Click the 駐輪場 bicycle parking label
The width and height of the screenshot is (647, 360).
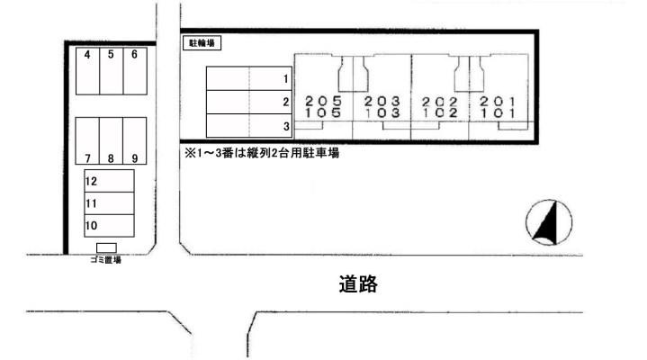pos(202,43)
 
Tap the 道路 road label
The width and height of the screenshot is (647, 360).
pos(358,284)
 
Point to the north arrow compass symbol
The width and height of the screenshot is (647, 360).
pos(549,222)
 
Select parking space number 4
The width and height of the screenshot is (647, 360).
pos(87,71)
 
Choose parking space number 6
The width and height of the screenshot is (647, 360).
pos(135,71)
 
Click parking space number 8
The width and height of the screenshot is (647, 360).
pos(111,140)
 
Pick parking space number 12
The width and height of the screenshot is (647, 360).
pos(109,181)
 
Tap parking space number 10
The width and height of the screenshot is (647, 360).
pos(109,225)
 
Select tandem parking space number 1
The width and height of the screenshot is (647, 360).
pos(249,78)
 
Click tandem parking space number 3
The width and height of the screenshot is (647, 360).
pos(249,126)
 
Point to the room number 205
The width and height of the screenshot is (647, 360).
pos(324,101)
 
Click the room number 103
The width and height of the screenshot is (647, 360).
pos(382,112)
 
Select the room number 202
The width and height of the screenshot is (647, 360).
pos(440,101)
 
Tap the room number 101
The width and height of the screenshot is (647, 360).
pos(498,112)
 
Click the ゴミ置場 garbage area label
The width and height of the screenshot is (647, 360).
pos(105,260)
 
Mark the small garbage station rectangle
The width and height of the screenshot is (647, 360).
pos(106,247)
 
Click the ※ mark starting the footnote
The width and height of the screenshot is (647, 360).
pos(189,153)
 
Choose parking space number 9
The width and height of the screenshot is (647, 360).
pos(134,140)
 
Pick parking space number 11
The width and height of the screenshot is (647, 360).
pos(109,203)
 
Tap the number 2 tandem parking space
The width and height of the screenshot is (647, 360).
pos(249,102)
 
